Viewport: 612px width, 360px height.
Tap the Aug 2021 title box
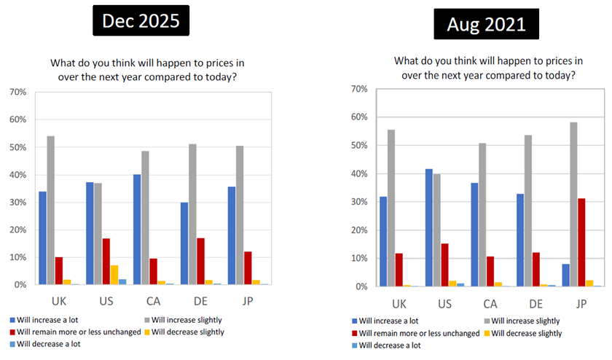click(x=486, y=25)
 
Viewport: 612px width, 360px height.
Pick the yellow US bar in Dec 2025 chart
click(x=114, y=275)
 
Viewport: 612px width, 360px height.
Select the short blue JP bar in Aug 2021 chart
click(x=566, y=275)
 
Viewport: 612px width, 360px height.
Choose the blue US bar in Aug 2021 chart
click(x=428, y=228)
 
